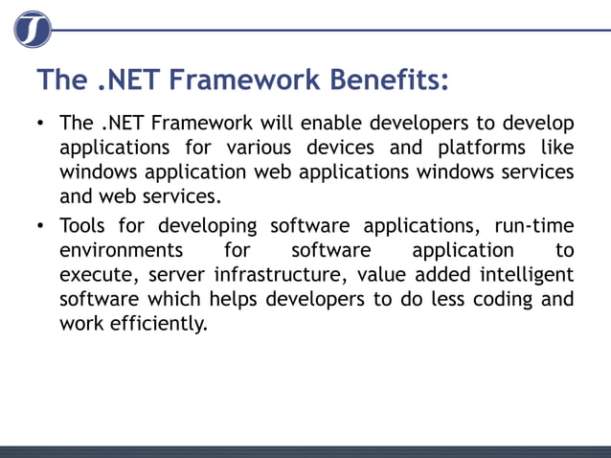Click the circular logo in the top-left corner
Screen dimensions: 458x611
[33, 30]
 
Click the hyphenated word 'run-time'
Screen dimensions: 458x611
[533, 226]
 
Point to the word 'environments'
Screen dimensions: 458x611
[122, 250]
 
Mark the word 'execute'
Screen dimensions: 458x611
[97, 275]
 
